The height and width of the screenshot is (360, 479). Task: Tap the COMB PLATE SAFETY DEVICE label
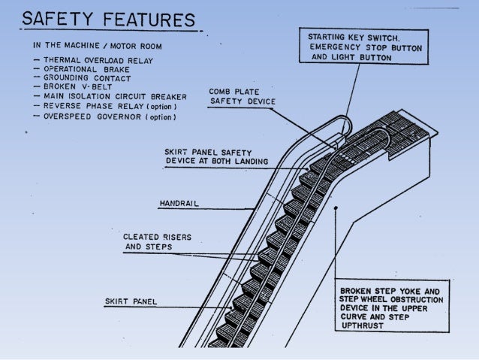(x=242, y=96)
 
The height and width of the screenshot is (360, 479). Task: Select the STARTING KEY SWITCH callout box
(x=364, y=46)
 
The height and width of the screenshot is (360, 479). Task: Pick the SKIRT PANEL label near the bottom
(x=128, y=303)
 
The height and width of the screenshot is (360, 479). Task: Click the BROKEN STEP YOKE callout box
(x=392, y=306)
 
